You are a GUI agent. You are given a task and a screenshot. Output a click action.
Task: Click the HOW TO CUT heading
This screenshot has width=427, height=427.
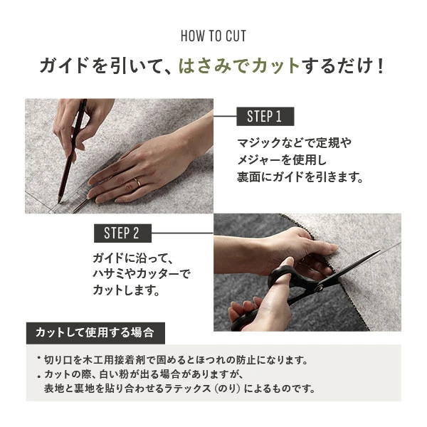click(213, 36)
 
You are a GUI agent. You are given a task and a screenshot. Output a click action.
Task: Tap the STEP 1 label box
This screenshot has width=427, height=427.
click(264, 116)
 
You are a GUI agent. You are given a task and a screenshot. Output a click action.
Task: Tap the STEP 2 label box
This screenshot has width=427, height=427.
click(122, 233)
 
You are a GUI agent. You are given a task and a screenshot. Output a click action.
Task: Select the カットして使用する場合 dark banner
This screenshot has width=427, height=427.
click(95, 332)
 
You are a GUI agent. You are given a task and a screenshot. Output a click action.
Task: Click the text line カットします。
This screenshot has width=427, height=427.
click(125, 291)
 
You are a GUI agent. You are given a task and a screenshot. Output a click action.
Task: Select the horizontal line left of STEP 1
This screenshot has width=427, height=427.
click(225, 116)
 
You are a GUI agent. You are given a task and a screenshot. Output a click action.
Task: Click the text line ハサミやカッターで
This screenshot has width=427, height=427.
click(142, 274)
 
